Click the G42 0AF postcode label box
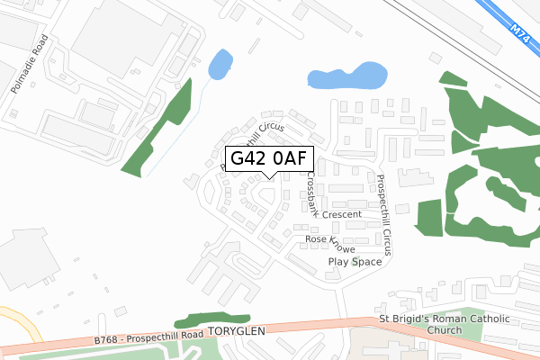click(x=268, y=158)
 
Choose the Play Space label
click(x=354, y=262)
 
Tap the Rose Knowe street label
click(x=330, y=243)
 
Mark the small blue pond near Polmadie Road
click(x=219, y=64)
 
